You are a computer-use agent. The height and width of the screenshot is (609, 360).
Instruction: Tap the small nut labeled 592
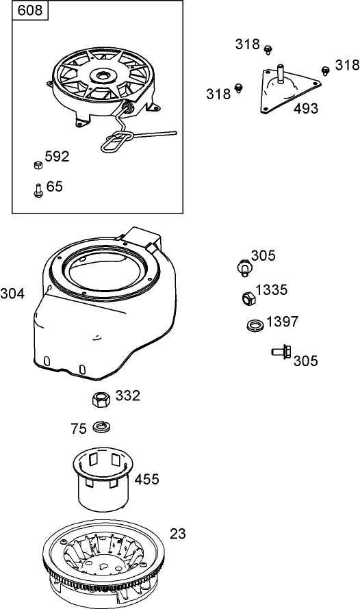coord(37,164)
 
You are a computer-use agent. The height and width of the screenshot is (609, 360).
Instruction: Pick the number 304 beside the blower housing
coord(12,294)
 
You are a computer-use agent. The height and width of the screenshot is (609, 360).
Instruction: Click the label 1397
coord(283,322)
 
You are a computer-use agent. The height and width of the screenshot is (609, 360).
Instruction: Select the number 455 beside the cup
coord(147,479)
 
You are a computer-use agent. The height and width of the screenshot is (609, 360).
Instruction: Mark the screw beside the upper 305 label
coord(243,266)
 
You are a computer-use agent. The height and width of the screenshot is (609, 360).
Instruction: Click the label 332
coord(128,396)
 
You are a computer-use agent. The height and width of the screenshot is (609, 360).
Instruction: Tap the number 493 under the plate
coord(307,108)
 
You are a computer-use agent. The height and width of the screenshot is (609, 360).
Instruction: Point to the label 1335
coord(272,290)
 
